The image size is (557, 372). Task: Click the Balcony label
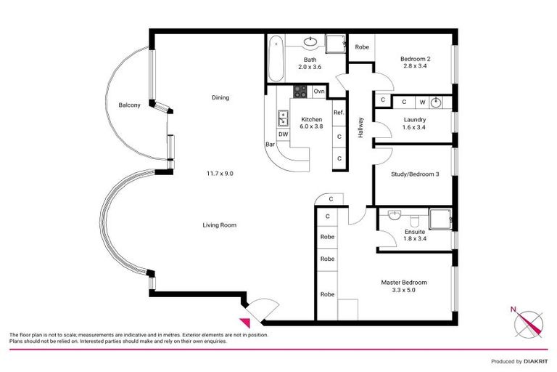click(129, 105)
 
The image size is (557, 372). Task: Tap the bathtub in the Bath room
click(275, 60)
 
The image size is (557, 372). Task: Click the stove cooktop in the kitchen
click(300, 92)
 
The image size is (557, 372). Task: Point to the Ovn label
click(320, 92)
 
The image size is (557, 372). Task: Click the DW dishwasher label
click(283, 134)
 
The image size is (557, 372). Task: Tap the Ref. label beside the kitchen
click(339, 113)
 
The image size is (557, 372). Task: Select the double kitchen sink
click(282, 118)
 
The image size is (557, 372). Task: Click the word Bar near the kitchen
click(271, 144)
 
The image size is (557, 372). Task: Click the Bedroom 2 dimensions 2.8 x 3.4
click(413, 66)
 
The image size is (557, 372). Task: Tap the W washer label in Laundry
click(421, 102)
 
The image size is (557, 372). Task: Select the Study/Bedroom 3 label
click(414, 174)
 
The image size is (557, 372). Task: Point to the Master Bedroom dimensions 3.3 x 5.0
click(404, 290)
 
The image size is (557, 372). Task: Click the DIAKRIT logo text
click(533, 361)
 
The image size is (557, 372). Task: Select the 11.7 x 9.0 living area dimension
click(220, 173)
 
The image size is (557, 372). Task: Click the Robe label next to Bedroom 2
click(361, 46)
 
